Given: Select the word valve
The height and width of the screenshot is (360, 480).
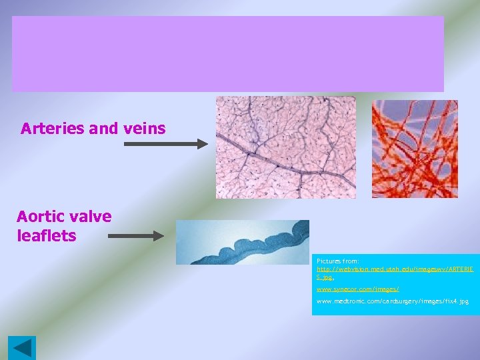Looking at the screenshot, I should pyautogui.click(x=92, y=217).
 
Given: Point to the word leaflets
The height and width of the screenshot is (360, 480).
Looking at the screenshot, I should pyautogui.click(x=47, y=235).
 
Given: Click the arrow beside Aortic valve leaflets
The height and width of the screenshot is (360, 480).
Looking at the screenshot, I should pyautogui.click(x=136, y=235).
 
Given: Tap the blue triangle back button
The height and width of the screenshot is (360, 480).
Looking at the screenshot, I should pyautogui.click(x=22, y=348).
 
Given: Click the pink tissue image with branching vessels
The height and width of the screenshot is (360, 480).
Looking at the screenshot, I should pyautogui.click(x=285, y=147).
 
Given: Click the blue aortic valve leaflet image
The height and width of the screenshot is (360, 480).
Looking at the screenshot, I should pyautogui.click(x=243, y=242).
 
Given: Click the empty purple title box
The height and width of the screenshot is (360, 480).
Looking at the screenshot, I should pyautogui.click(x=228, y=54).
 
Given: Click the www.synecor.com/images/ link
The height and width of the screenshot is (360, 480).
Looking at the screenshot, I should pyautogui.click(x=357, y=289).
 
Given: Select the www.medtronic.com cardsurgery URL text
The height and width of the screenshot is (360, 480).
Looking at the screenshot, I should pyautogui.click(x=392, y=301).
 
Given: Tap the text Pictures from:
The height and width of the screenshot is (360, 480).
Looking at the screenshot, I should pyautogui.click(x=338, y=261).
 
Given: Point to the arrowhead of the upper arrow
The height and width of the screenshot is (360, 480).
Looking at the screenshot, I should pyautogui.click(x=203, y=143).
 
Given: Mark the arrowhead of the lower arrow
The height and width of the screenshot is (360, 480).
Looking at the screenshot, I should pyautogui.click(x=159, y=235).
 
